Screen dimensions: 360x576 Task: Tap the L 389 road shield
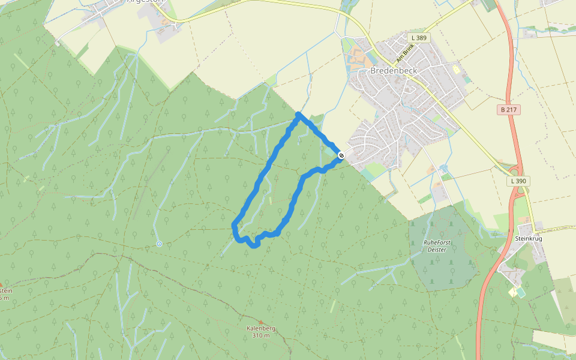(419, 38)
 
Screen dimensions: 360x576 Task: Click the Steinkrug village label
(528, 238)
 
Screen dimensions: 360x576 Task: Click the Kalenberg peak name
(260, 328)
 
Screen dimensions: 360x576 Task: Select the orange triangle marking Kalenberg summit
(260, 322)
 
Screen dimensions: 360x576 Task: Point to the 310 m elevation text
(260, 335)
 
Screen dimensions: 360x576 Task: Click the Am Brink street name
(405, 56)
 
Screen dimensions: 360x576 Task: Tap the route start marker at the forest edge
(341, 156)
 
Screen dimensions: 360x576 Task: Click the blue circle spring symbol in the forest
(159, 244)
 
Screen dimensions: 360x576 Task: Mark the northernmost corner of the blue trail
(298, 114)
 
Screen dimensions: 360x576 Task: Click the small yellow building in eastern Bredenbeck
(456, 70)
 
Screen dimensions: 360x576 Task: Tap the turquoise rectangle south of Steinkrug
(520, 292)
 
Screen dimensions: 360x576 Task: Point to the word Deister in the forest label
(437, 249)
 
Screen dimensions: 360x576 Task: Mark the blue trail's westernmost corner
(233, 225)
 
